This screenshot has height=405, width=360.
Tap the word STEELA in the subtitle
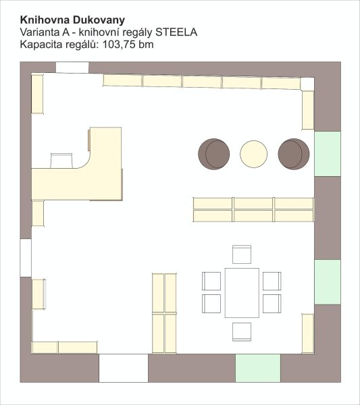click(176, 32)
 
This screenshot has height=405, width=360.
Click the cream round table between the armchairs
click(253, 154)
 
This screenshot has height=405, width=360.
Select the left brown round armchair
click(213, 154)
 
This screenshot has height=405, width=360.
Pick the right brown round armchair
click(294, 154)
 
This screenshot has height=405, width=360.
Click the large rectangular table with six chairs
click(242, 293)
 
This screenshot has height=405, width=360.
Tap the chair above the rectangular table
click(242, 254)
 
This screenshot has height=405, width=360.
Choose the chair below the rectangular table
click(242, 331)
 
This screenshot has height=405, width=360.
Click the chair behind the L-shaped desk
click(61, 161)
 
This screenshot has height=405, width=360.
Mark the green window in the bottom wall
click(258, 368)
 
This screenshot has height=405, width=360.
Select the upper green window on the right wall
click(328, 154)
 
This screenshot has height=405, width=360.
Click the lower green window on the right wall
click(328, 282)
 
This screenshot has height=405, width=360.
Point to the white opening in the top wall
click(72, 67)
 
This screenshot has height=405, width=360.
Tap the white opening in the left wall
click(26, 258)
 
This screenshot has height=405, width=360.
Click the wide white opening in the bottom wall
click(124, 368)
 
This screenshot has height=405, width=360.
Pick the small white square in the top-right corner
click(307, 84)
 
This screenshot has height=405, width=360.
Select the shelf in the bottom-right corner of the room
click(308, 333)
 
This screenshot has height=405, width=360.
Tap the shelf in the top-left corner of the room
click(37, 94)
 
